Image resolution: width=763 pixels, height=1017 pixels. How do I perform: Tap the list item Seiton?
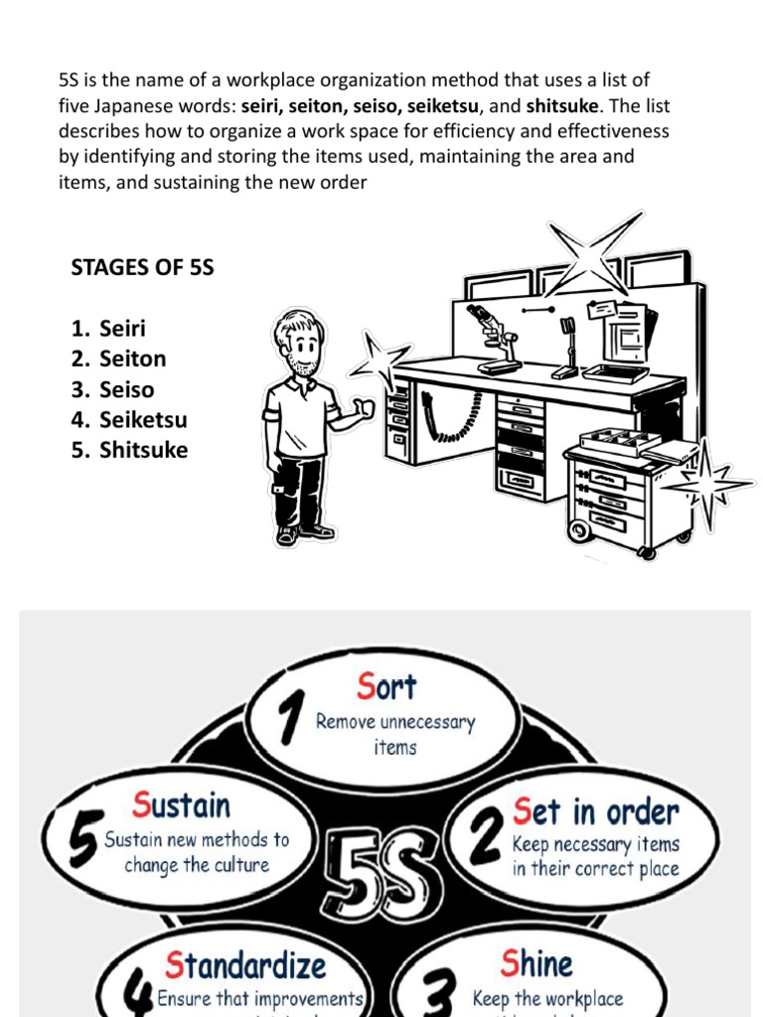[x=132, y=359]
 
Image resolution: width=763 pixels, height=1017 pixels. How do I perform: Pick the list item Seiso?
[x=126, y=389]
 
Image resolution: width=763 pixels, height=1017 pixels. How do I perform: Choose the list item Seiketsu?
[x=143, y=420]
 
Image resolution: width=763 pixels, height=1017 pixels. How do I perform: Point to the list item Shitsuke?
[x=143, y=450]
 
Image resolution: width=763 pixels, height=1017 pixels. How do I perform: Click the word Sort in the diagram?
[x=386, y=686]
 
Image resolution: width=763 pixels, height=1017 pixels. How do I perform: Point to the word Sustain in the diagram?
[x=181, y=805]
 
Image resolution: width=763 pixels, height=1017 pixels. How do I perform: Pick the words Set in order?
[x=595, y=811]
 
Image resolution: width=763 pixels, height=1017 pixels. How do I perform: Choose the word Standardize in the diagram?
[x=245, y=964]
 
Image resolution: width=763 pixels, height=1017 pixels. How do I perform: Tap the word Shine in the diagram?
[x=536, y=962]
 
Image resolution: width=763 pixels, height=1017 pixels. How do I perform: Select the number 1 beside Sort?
[x=289, y=717]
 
